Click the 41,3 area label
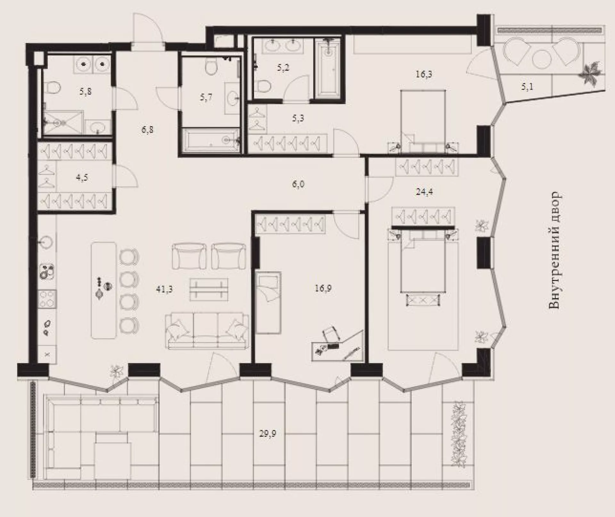pos(164,289)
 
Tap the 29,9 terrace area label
pos(267,434)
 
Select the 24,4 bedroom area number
pos(424,192)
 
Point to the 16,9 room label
pos(323,288)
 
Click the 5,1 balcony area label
pos(527,87)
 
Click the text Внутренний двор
pos(554,250)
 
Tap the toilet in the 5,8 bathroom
pos(53,87)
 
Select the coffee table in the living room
pos(209,289)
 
